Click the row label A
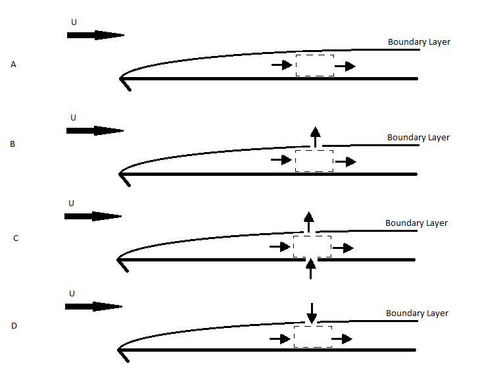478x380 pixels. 13,65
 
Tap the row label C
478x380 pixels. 16,238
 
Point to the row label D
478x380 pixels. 14,326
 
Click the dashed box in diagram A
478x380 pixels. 314,66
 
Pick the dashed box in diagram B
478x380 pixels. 314,161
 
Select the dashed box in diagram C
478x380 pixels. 312,247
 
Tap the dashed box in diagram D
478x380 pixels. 312,337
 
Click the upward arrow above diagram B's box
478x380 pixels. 315,137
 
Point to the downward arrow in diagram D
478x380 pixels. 312,312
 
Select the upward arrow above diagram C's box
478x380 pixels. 308,223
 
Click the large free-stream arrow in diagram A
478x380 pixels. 95,35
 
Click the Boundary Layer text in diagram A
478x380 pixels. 419,42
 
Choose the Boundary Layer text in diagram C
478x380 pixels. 416,223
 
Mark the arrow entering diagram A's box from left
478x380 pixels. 281,66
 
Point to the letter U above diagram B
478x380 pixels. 73,118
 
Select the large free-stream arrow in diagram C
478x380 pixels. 93,216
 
